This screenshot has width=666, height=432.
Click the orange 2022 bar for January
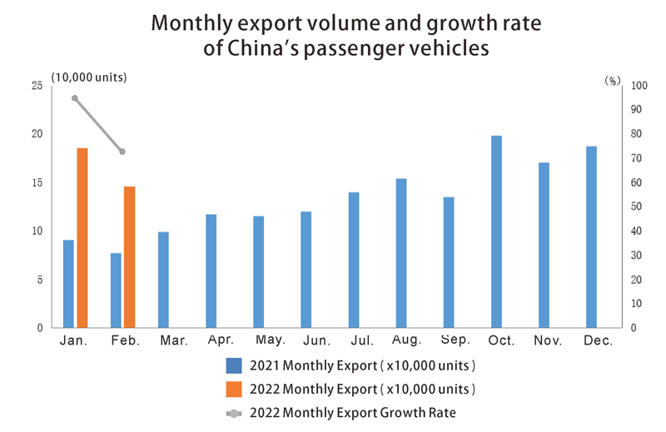(82, 238)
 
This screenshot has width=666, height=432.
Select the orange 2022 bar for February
(129, 257)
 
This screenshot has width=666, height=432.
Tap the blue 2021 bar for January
(68, 284)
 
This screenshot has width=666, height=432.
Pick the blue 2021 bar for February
(116, 290)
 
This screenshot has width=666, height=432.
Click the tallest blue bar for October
(496, 231)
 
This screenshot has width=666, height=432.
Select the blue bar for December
(591, 237)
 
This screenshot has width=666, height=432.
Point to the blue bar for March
(163, 280)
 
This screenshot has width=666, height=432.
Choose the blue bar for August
(401, 253)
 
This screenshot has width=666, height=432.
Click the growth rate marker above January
(75, 98)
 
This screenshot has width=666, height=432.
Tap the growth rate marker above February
(122, 151)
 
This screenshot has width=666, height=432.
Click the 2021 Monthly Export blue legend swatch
(233, 365)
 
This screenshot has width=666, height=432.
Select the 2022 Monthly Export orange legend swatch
(233, 389)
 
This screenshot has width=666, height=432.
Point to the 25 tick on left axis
(37, 86)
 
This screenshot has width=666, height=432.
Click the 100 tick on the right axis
(639, 86)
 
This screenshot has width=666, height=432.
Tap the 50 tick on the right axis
(637, 206)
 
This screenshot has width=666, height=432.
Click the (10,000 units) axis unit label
(88, 77)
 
